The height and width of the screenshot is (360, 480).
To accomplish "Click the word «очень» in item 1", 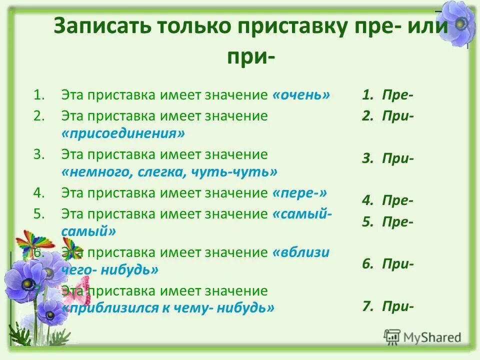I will [x=301, y=95].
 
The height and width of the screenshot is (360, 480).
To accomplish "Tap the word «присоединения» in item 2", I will [x=123, y=133].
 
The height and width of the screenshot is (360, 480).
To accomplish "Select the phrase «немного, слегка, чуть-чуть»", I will [x=169, y=172].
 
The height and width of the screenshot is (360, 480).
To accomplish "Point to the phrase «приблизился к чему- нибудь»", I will [x=168, y=307].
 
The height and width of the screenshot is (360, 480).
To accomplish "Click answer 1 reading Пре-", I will [x=388, y=95].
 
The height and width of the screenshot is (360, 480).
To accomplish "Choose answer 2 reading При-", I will [x=388, y=116].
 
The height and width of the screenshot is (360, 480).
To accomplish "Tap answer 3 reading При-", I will [x=388, y=158].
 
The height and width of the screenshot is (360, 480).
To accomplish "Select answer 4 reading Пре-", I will [x=388, y=200].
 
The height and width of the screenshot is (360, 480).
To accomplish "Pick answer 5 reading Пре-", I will [x=388, y=222].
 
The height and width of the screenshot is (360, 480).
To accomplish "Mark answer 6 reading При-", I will [x=388, y=264].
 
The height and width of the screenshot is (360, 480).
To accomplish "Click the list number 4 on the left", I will [x=39, y=192].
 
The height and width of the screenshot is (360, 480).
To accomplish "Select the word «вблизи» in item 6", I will [x=301, y=252].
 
